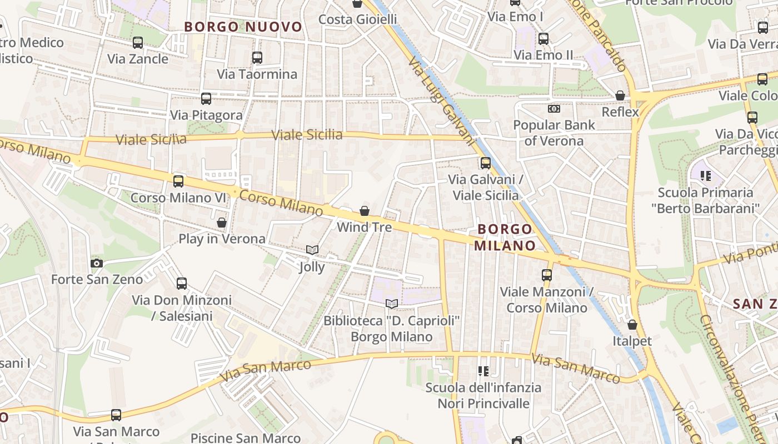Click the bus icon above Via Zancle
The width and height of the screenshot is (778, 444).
(x=137, y=43)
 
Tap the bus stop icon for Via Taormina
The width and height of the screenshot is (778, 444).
(x=257, y=58)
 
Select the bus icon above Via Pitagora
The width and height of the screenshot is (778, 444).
(x=206, y=99)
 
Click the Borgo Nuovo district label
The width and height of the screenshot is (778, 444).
(x=243, y=27)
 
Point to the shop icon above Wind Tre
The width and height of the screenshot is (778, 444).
(x=365, y=211)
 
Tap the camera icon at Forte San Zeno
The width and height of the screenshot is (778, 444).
(x=97, y=263)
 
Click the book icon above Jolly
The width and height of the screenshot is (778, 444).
(x=312, y=250)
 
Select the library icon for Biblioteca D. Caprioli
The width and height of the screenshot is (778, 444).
(x=392, y=304)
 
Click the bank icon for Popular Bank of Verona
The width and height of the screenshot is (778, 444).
(x=554, y=109)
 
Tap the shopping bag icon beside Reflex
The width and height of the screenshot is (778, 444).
(x=620, y=96)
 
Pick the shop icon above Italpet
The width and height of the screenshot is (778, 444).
(x=632, y=325)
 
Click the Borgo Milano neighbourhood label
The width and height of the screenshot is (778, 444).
(x=505, y=237)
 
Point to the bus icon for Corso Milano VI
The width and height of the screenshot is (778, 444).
(x=178, y=181)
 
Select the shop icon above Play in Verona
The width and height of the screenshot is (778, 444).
(x=222, y=223)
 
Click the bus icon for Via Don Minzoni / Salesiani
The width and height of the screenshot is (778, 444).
(x=182, y=284)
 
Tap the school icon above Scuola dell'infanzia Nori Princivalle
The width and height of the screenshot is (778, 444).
(x=483, y=371)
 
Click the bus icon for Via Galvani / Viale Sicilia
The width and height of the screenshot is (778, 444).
(x=486, y=163)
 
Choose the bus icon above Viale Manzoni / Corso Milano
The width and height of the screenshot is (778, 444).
(x=547, y=275)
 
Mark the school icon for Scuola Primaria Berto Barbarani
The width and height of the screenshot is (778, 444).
(x=706, y=176)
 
